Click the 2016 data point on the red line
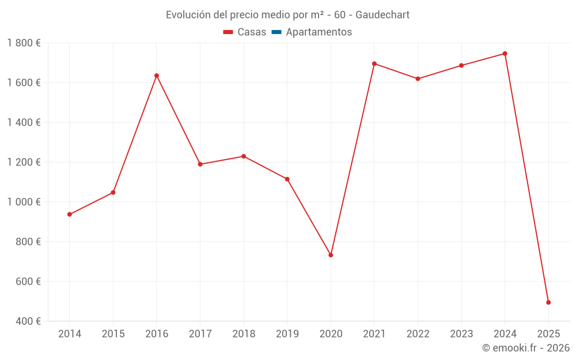tap(157, 75)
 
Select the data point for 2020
tap(331, 255)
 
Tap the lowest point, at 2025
tap(548, 302)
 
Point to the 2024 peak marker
tap(505, 54)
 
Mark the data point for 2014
tap(70, 214)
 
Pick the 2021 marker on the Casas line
tap(374, 64)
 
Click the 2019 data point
tap(287, 179)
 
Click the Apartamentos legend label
tap(319, 32)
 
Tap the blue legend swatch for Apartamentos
tap(276, 32)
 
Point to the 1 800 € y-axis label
tap(24, 43)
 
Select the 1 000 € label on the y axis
tap(24, 202)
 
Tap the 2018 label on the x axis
tap(244, 334)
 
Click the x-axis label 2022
tap(418, 334)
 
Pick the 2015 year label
tap(113, 334)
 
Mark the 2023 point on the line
tap(461, 66)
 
